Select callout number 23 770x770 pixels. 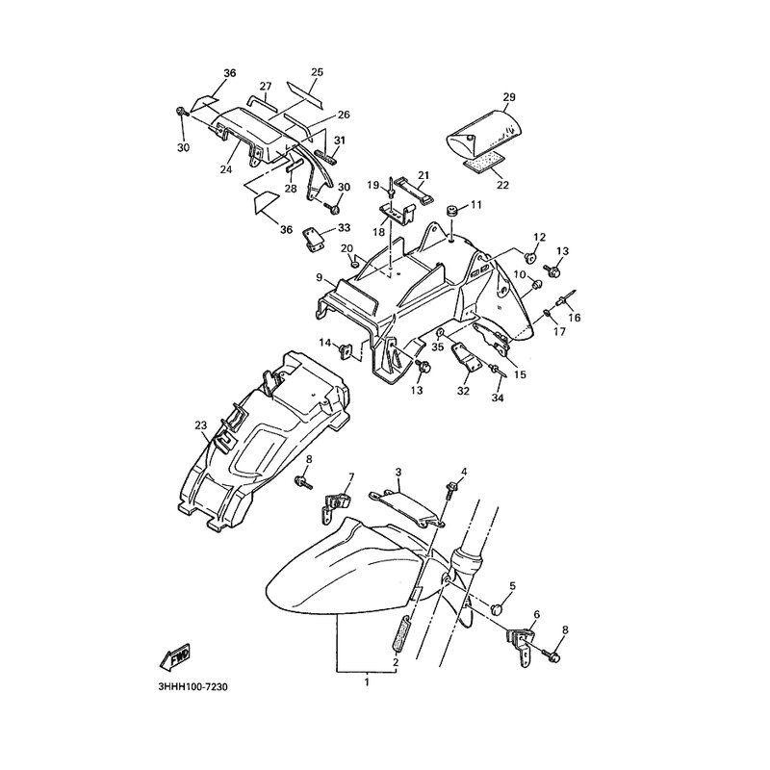pos(200,424)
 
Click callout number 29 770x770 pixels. pos(509,97)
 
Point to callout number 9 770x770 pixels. pos(318,278)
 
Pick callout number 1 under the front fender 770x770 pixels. pos(366,681)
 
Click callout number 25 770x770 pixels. pos(317,73)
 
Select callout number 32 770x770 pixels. pos(463,391)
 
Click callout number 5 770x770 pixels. pos(513,585)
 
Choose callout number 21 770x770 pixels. pos(422,174)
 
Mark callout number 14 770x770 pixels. pos(324,344)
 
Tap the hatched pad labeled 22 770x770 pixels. pos(483,163)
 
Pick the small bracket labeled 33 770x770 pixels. pos(313,238)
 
